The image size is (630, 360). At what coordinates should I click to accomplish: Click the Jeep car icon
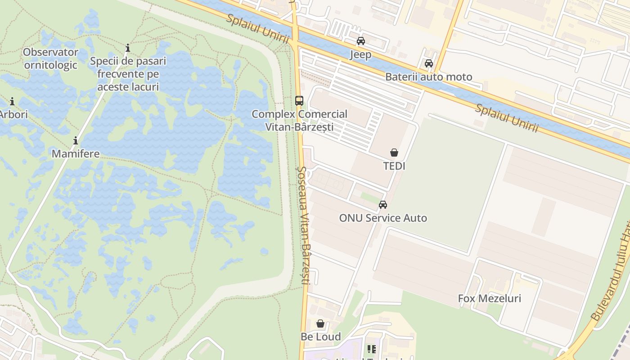[x=360, y=41]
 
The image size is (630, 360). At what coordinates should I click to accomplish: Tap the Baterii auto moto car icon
[x=429, y=63]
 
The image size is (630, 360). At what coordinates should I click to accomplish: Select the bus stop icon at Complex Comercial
[x=299, y=101]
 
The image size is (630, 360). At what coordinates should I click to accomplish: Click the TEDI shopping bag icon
[x=394, y=153]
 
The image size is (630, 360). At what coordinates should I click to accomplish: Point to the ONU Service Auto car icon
[x=383, y=205]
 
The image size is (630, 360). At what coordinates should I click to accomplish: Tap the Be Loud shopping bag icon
[x=320, y=324]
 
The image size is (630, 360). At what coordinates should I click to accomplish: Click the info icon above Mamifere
[x=76, y=140]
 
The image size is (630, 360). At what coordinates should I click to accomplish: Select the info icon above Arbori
[x=12, y=101]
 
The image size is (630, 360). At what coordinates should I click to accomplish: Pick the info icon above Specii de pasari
[x=128, y=48]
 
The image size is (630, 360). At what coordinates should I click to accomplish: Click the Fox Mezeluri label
[x=489, y=298]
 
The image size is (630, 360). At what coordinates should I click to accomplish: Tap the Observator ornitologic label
[x=50, y=58]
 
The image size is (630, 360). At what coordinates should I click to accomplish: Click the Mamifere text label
[x=76, y=154]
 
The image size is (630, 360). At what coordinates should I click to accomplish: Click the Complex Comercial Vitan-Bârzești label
[x=299, y=121]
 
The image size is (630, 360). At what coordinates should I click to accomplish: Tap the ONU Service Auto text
[x=383, y=218]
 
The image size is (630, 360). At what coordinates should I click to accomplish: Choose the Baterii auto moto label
[x=429, y=77]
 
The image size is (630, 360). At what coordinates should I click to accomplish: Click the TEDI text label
[x=394, y=166]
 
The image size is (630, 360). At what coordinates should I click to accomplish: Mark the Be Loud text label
[x=320, y=337]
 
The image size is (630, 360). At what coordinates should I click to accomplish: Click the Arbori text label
[x=13, y=115]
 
